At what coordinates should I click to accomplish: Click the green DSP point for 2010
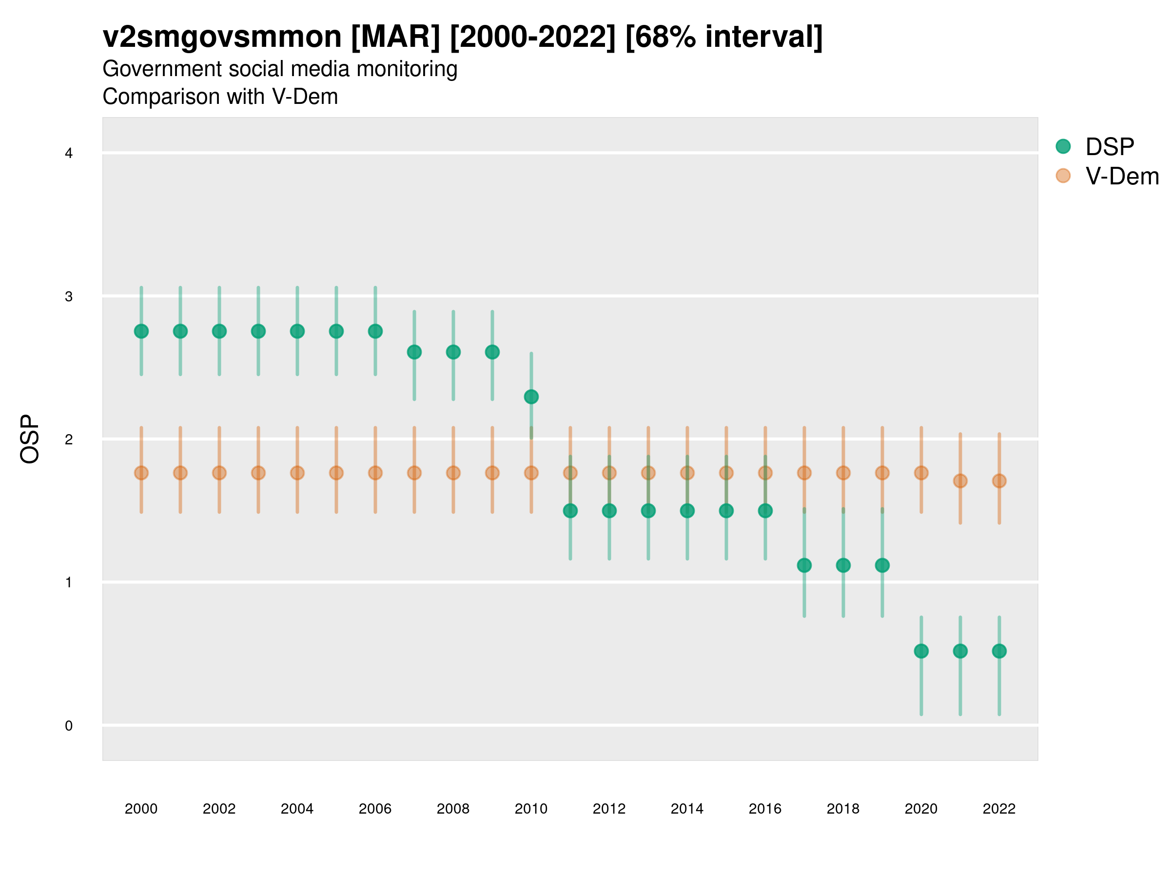531,397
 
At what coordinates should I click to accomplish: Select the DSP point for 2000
141,331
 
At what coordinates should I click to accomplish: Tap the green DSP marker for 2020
921,651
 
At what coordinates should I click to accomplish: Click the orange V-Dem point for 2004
297,473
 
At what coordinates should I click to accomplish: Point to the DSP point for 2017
804,565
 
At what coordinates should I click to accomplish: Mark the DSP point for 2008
453,352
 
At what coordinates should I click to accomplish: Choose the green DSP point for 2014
687,511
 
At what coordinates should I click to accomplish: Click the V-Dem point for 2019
882,473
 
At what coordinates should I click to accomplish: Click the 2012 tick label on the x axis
609,809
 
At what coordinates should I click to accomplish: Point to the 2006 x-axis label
375,809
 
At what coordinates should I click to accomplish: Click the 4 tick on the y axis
69,154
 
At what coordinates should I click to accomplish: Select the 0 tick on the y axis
69,726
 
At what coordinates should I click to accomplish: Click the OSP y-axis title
30,439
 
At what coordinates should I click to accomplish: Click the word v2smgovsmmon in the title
222,37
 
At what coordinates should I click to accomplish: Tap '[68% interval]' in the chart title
723,37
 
